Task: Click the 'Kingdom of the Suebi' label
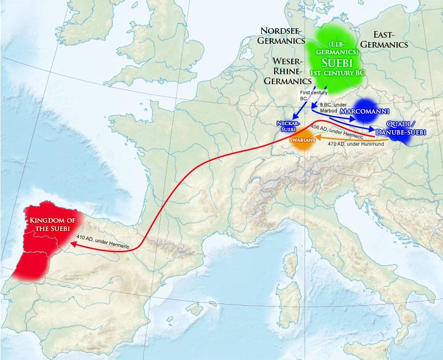point(48,225)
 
